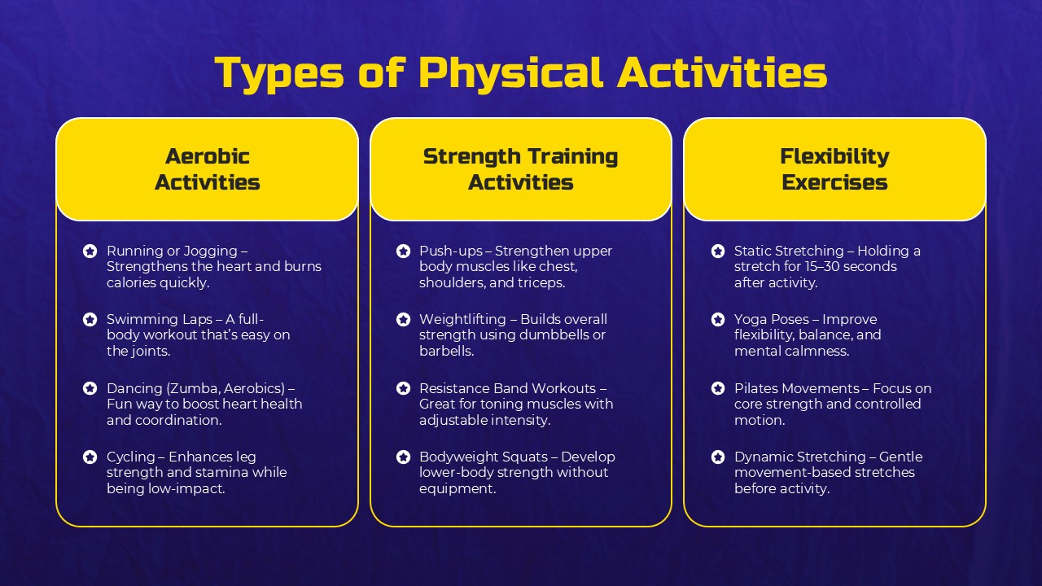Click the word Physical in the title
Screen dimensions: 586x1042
510,73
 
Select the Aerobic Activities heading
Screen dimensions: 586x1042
208,169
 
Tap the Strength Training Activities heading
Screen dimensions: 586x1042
521,169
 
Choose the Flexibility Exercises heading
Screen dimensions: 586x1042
834,169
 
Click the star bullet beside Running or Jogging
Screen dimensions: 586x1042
90,251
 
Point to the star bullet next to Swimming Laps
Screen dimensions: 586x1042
90,320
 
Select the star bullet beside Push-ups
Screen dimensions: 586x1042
403,251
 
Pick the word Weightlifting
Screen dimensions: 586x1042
462,319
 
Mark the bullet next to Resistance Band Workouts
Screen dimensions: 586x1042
403,388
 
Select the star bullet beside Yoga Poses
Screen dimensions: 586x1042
718,320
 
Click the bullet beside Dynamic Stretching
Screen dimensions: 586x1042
718,457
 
